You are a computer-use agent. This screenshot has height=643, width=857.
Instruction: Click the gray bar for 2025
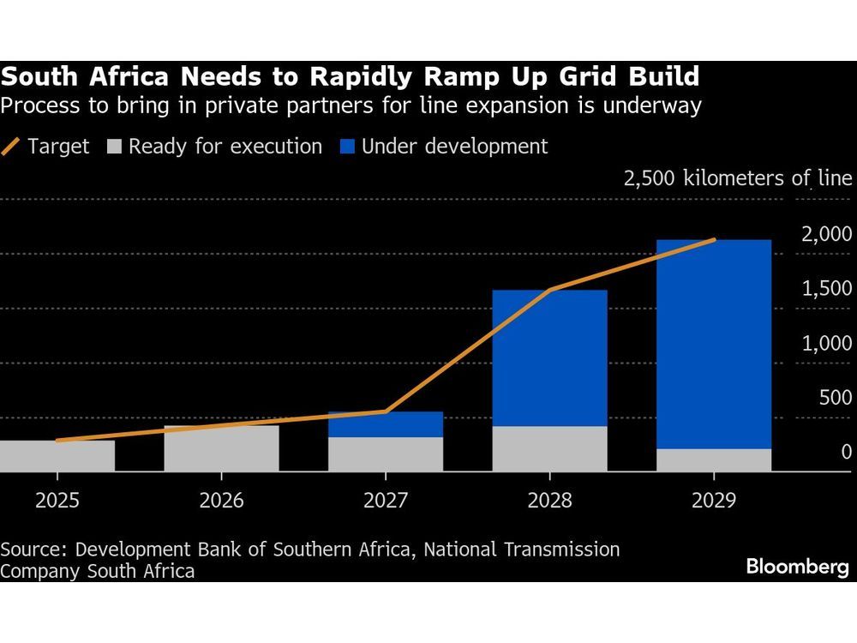(57, 455)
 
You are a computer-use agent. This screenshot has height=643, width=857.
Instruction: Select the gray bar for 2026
(221, 448)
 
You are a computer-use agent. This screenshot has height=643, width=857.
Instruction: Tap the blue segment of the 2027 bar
(386, 424)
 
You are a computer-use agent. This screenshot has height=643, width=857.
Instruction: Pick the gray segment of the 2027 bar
(386, 454)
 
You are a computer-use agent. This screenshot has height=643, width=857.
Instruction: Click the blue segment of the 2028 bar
(549, 358)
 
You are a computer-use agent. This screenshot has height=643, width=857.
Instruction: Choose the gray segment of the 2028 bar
(549, 448)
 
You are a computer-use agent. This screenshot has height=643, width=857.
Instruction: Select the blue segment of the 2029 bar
(714, 344)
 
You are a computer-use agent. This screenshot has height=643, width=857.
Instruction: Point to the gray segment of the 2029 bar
(714, 460)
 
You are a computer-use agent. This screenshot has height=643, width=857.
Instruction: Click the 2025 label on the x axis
(57, 500)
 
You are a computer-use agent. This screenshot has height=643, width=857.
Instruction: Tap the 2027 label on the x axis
(386, 500)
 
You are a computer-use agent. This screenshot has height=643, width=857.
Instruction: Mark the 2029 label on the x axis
(714, 500)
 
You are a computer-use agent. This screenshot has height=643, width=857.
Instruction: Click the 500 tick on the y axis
(836, 398)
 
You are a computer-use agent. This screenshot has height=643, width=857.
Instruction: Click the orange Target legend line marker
(11, 147)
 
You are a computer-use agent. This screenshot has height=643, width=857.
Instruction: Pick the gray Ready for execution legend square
(114, 147)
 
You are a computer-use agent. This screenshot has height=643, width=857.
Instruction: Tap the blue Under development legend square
(346, 147)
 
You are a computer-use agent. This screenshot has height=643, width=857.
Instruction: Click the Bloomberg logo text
(797, 567)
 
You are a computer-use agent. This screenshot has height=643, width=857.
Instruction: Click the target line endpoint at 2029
(714, 240)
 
